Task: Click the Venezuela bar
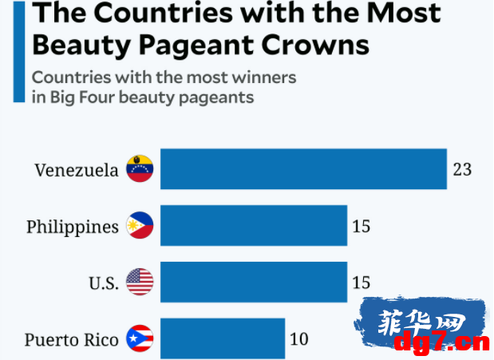[x=303, y=169]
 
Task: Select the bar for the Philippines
[x=254, y=225]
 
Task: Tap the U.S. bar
[x=254, y=282]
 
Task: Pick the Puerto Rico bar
[x=223, y=338]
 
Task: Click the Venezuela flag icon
[x=140, y=168]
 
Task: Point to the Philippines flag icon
[x=140, y=225]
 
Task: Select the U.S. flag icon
[x=140, y=282]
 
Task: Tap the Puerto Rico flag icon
[x=140, y=338]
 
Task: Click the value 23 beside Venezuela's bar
[x=462, y=169]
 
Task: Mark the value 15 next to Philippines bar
[x=361, y=227]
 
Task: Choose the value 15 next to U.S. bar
[x=361, y=283]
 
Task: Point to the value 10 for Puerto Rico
[x=299, y=339]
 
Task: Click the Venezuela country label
[x=77, y=170]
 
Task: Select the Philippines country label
[x=73, y=227]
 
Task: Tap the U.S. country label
[x=104, y=283]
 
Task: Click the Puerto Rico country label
[x=72, y=340]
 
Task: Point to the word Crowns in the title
[x=315, y=45]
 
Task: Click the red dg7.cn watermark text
[x=442, y=342]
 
